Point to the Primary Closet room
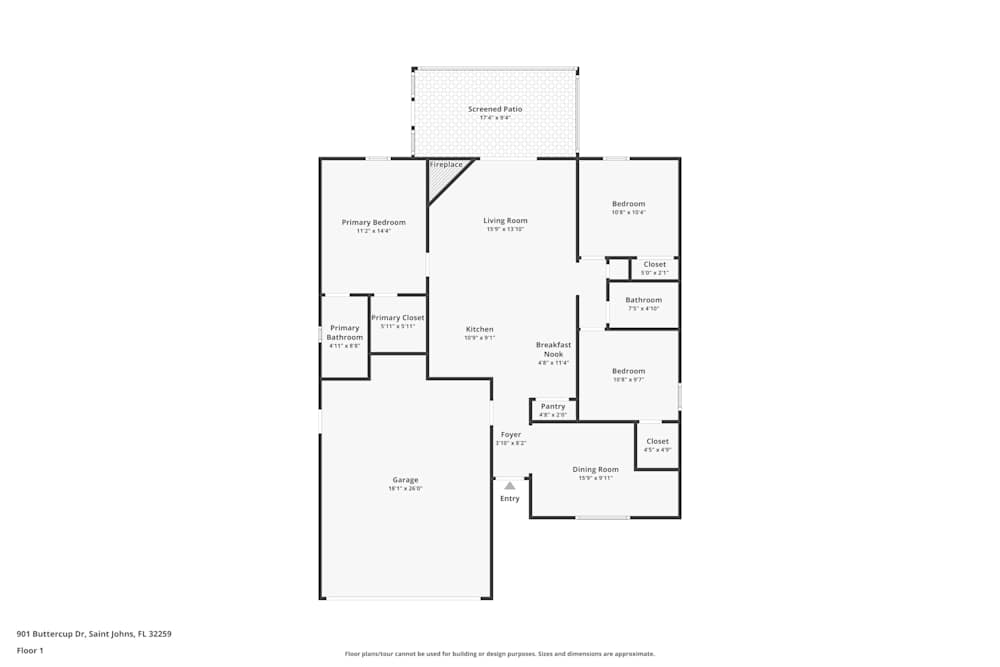pyautogui.click(x=398, y=322)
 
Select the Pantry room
pyautogui.click(x=553, y=409)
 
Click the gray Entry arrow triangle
pyautogui.click(x=510, y=485)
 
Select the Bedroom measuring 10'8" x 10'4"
pyautogui.click(x=629, y=207)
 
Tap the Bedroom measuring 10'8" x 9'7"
pyautogui.click(x=629, y=375)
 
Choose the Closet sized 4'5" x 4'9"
pyautogui.click(x=657, y=445)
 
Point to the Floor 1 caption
pyautogui.click(x=30, y=650)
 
